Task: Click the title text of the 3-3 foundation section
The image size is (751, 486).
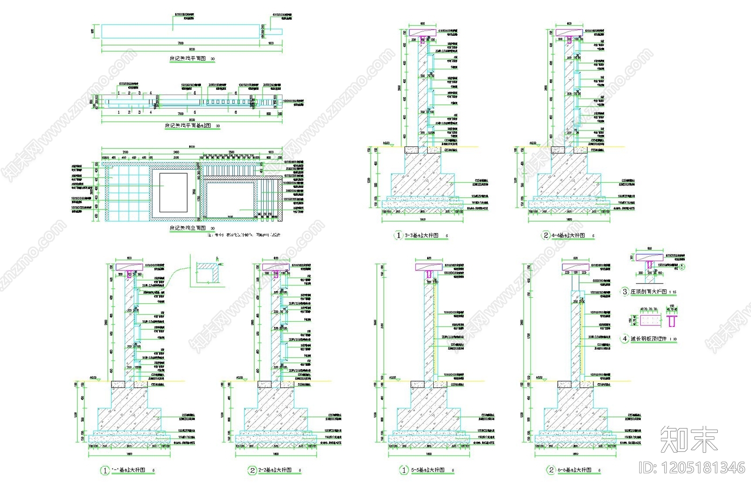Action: [x=421, y=235]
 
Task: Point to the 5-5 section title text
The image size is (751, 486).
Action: [x=428, y=470]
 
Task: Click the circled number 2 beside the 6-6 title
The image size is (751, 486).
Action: [x=552, y=470]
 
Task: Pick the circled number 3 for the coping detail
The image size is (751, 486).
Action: [x=625, y=292]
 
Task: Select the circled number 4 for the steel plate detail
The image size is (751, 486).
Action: [x=625, y=339]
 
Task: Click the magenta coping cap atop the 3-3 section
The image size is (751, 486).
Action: [x=422, y=32]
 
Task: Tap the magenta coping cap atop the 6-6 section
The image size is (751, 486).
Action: [x=575, y=267]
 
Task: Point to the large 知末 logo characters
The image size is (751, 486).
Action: [x=689, y=440]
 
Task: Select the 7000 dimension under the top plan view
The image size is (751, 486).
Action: [x=181, y=43]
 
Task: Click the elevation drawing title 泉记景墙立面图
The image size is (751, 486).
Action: [x=188, y=228]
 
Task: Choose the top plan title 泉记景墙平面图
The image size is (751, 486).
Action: [x=188, y=59]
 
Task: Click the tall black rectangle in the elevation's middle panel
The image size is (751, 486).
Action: [x=173, y=193]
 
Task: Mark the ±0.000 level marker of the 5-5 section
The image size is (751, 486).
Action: [x=392, y=378]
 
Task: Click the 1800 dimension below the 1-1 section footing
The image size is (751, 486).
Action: [x=130, y=454]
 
